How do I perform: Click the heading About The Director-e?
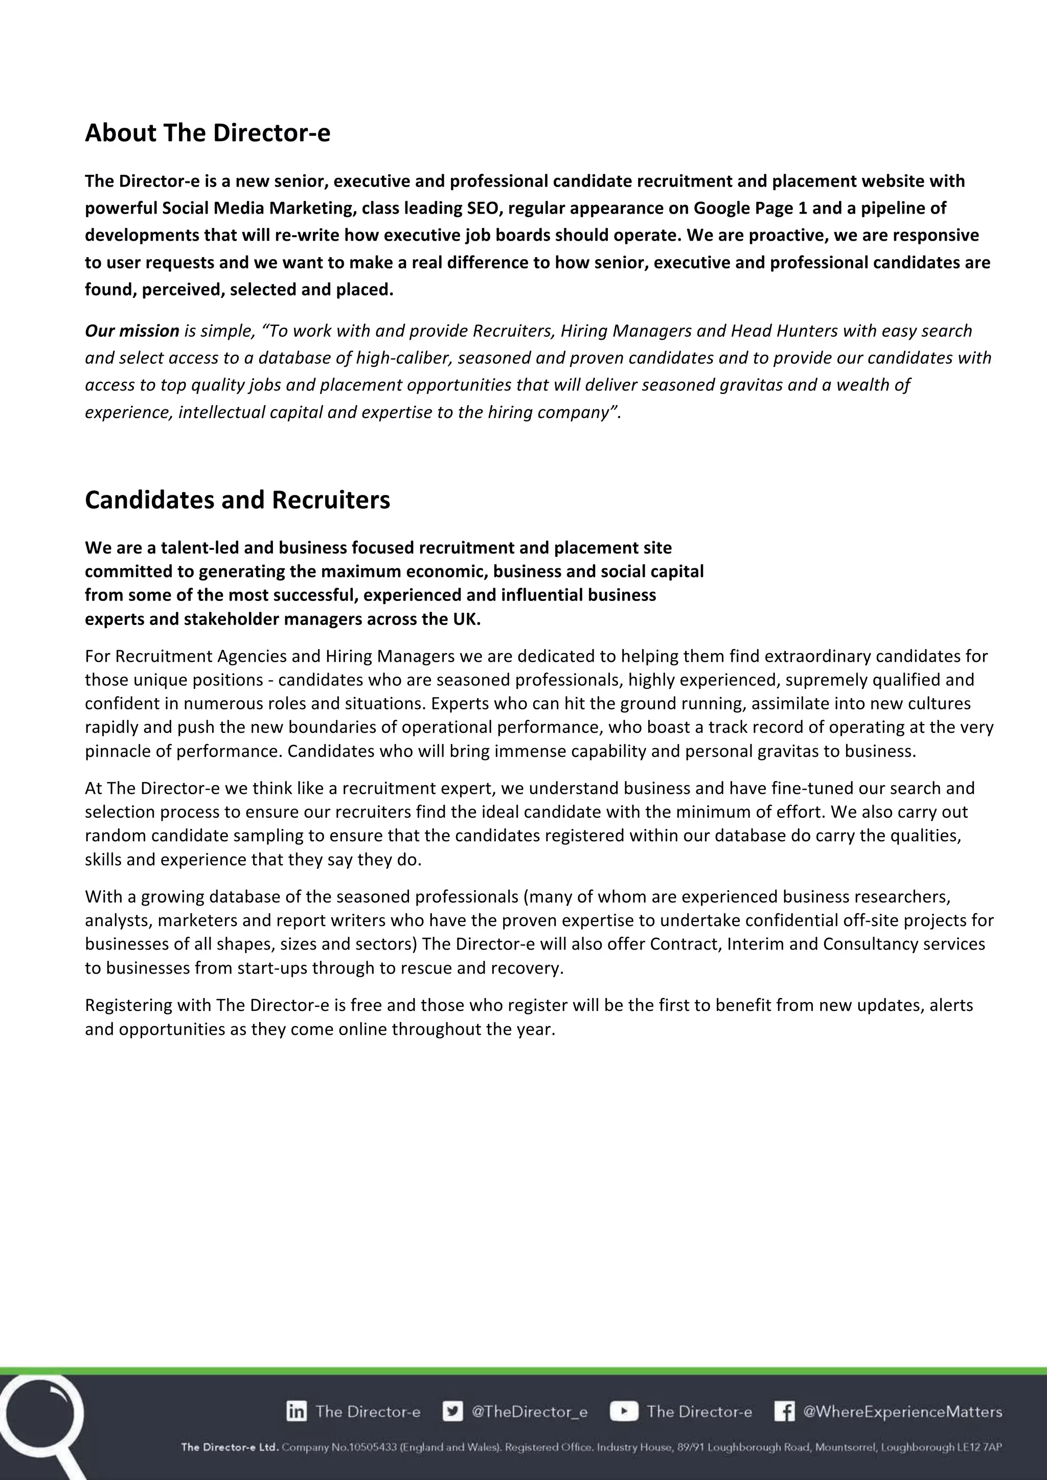207,133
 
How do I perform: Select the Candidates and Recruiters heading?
237,500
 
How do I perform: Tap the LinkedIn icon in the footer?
297,1411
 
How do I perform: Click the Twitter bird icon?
452,1411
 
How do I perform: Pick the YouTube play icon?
623,1411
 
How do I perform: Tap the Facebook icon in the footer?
784,1411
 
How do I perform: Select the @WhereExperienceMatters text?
902,1412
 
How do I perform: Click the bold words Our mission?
132,331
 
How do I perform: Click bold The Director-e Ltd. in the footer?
230,1447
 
